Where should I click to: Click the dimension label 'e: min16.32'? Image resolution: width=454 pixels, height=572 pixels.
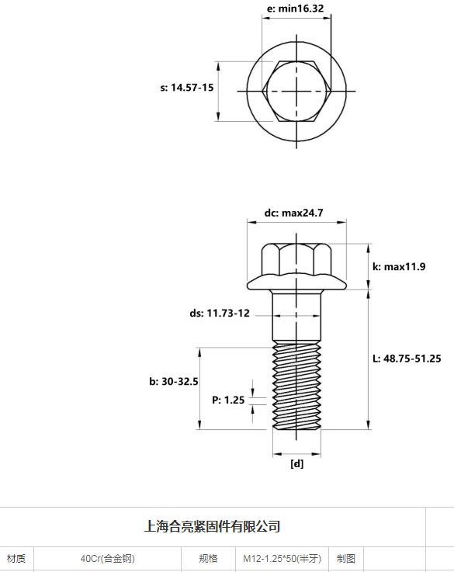(x=296, y=8)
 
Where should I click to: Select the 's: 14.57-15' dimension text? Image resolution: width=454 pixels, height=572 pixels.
(x=187, y=88)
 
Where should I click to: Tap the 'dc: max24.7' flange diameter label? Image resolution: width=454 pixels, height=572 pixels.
(x=294, y=213)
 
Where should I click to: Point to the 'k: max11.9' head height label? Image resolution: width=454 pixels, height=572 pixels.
(x=399, y=267)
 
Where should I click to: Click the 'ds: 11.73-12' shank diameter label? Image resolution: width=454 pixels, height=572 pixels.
(x=220, y=313)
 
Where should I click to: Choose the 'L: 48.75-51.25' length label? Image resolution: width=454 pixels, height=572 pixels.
(x=407, y=359)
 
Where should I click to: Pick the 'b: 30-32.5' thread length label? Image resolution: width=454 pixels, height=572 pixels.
(x=174, y=382)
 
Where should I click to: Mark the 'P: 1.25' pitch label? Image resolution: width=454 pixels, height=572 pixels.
(x=228, y=400)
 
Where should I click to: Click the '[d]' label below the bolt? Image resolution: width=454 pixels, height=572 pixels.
(x=296, y=464)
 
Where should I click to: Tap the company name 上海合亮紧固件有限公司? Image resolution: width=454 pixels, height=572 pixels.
(x=212, y=526)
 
